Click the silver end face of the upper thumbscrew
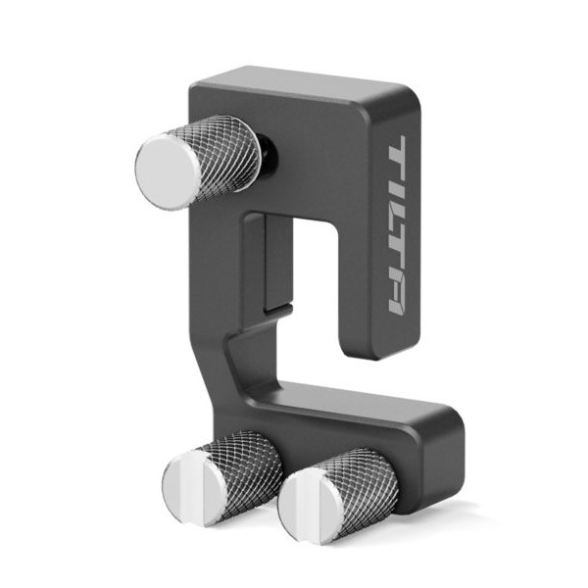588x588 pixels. point(168,171)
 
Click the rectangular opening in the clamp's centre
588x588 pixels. point(314,284)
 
